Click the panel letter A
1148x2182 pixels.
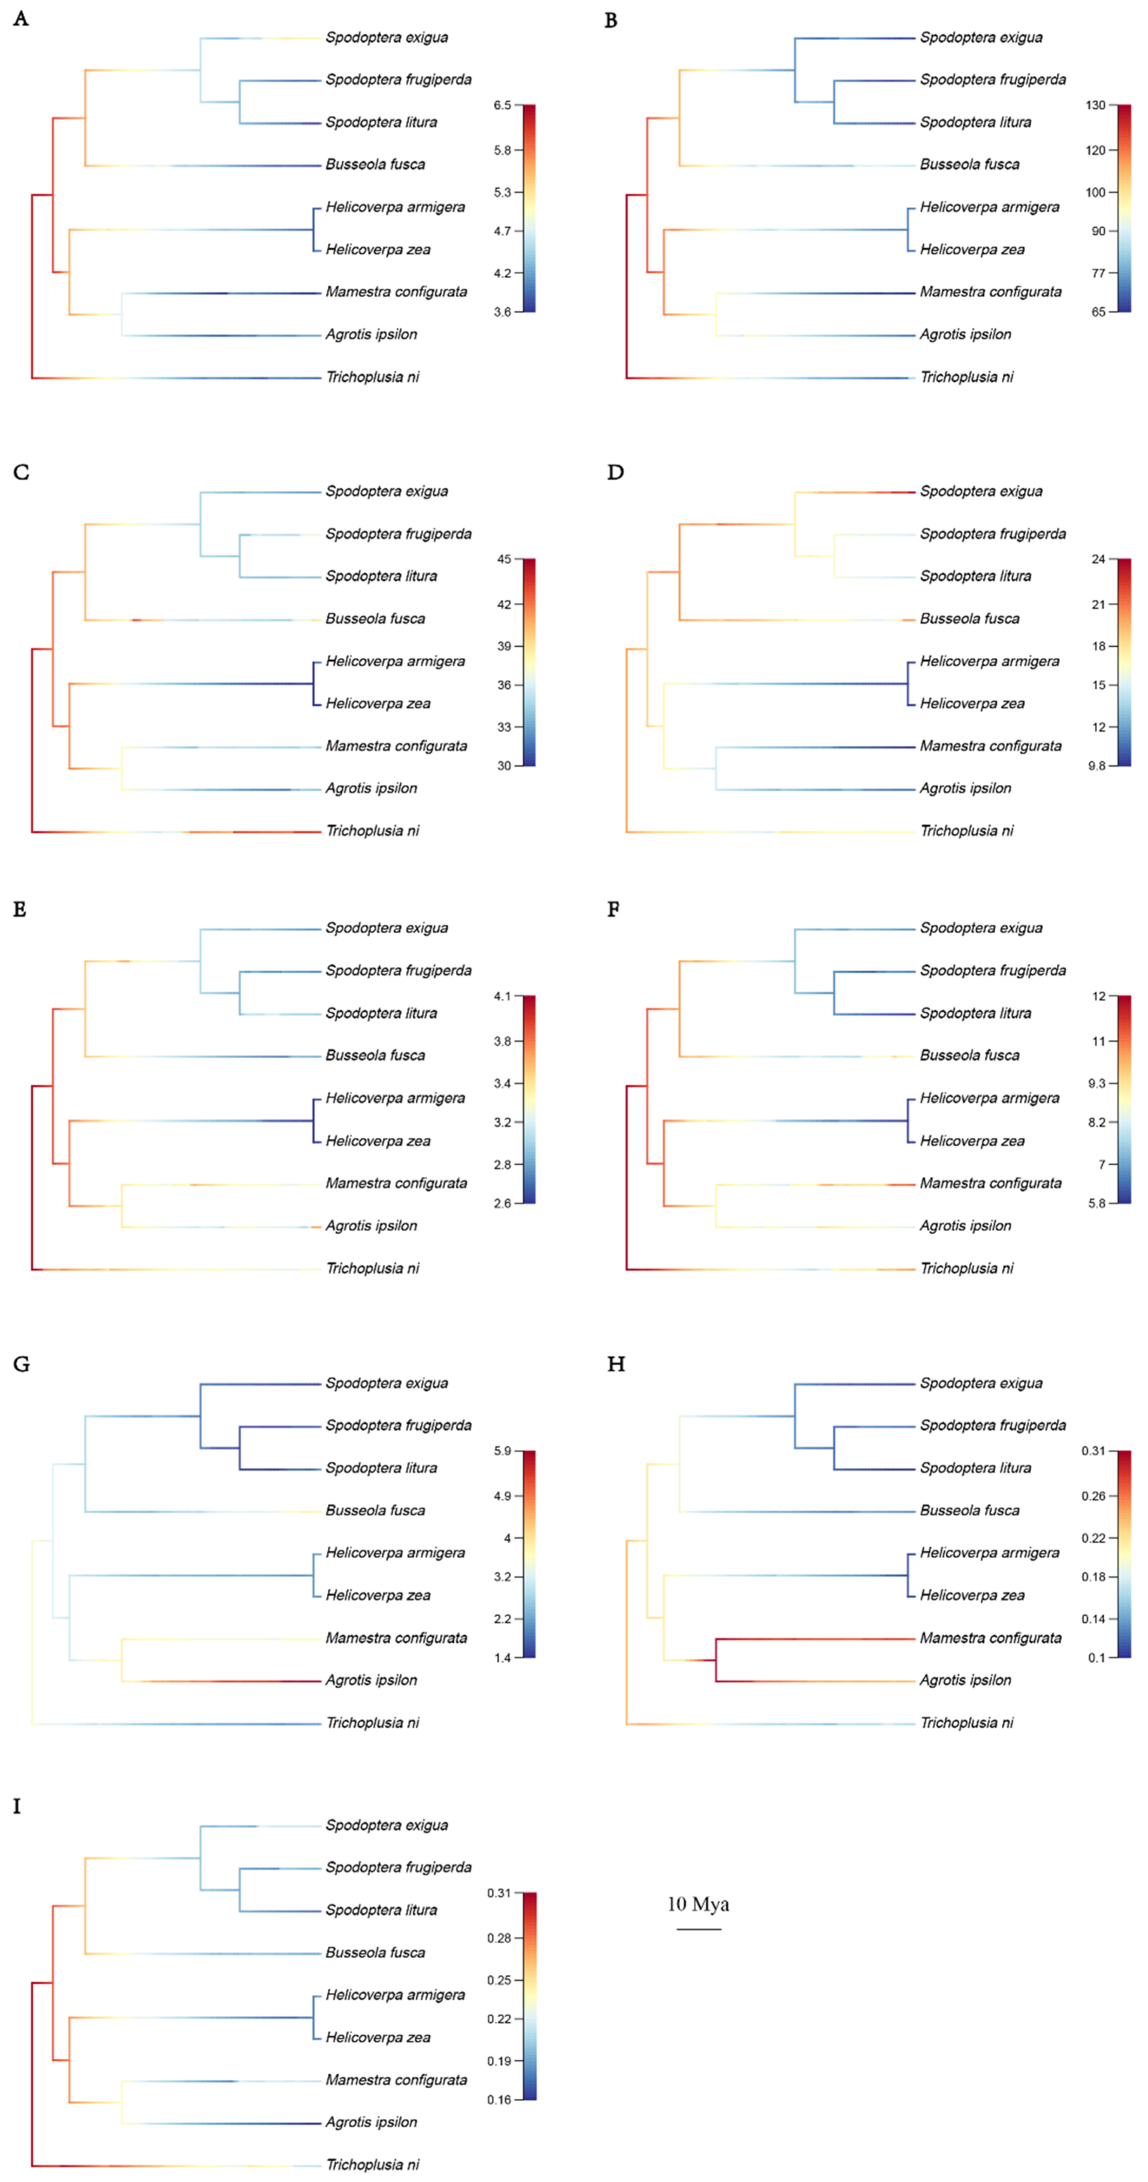20,19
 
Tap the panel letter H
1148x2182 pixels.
616,1364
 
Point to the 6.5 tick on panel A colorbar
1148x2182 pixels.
502,105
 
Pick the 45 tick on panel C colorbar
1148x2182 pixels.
504,559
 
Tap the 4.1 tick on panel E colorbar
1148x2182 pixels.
502,996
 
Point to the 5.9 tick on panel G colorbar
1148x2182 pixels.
502,1451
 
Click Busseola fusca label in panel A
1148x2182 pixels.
375,165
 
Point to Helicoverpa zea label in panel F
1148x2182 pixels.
972,1141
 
